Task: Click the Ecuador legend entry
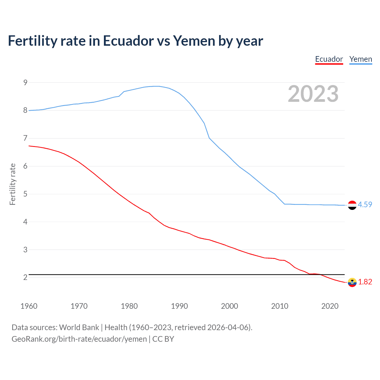(x=329, y=59)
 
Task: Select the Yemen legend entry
(x=360, y=59)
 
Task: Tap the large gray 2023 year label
(x=313, y=94)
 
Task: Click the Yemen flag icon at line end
(x=352, y=205)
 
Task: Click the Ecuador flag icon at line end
(x=352, y=282)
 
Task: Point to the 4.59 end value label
(x=365, y=205)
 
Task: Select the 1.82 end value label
(x=365, y=282)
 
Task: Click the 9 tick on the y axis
(x=25, y=83)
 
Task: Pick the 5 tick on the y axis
(x=25, y=194)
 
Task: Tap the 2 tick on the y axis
(x=25, y=277)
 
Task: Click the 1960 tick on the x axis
(x=29, y=306)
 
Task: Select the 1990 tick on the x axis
(x=179, y=306)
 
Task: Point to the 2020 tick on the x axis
(x=330, y=306)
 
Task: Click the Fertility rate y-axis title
(x=12, y=184)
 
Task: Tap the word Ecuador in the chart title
(x=128, y=41)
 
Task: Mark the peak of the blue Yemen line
(x=157, y=86)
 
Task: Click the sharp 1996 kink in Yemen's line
(x=209, y=138)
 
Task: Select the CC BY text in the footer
(x=163, y=339)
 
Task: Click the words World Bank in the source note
(x=79, y=327)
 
